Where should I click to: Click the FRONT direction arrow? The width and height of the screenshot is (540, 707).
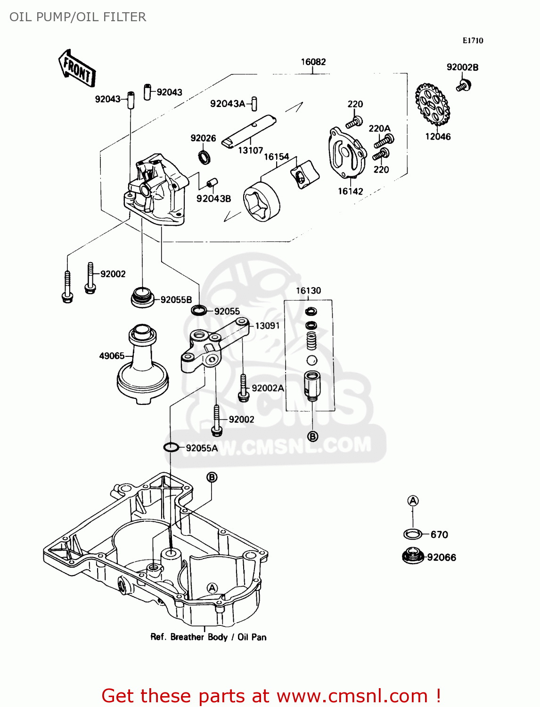coord(77,69)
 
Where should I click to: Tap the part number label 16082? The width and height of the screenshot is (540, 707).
coord(313,62)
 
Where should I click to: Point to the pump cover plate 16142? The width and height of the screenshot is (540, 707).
coord(347,153)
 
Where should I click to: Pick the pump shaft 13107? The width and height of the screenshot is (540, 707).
coord(249,131)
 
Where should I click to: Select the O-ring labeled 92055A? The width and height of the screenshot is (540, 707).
coord(171,447)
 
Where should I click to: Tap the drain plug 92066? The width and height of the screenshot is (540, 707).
coord(413,556)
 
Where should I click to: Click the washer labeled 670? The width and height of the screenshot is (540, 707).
coord(413,534)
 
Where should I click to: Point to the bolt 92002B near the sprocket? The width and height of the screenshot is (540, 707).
coord(464,86)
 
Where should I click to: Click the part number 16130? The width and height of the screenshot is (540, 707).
coord(308,291)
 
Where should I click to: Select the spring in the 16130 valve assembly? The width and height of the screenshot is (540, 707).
coord(311,340)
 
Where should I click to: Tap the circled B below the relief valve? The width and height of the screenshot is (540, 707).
coord(312,436)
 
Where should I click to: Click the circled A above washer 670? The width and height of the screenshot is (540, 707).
coord(413,501)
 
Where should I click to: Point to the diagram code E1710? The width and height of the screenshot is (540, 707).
coord(473,41)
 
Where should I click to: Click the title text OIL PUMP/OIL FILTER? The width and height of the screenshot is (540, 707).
coord(78,17)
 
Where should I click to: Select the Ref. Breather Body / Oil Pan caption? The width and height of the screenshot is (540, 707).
coord(208,637)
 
